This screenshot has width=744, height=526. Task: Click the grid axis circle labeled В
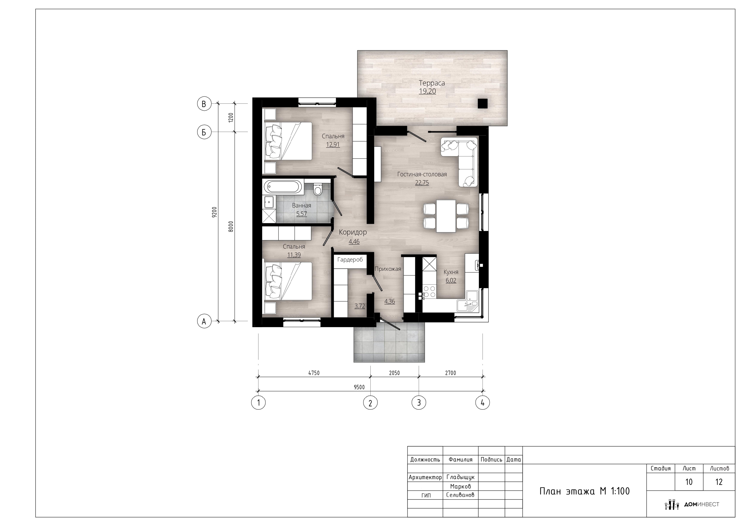click(x=204, y=104)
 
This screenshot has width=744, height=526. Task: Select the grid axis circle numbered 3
click(x=419, y=402)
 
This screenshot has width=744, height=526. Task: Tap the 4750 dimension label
click(x=314, y=373)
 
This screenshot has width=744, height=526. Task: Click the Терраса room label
click(x=432, y=83)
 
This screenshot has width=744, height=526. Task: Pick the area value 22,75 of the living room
click(x=422, y=183)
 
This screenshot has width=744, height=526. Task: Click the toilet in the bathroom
click(x=318, y=189)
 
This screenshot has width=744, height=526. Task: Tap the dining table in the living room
click(x=446, y=216)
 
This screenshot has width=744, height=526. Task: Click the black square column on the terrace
click(x=483, y=103)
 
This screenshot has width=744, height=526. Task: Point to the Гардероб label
click(x=350, y=260)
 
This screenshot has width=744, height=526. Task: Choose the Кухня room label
click(x=451, y=272)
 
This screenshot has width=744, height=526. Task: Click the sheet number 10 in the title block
click(x=689, y=482)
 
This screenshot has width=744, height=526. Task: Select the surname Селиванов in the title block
click(x=460, y=495)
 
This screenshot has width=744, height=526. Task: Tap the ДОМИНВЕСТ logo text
click(x=701, y=504)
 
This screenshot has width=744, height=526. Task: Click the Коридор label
click(x=353, y=232)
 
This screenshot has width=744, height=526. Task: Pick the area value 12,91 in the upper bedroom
click(x=333, y=145)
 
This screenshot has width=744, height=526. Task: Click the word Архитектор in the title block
click(x=425, y=477)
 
